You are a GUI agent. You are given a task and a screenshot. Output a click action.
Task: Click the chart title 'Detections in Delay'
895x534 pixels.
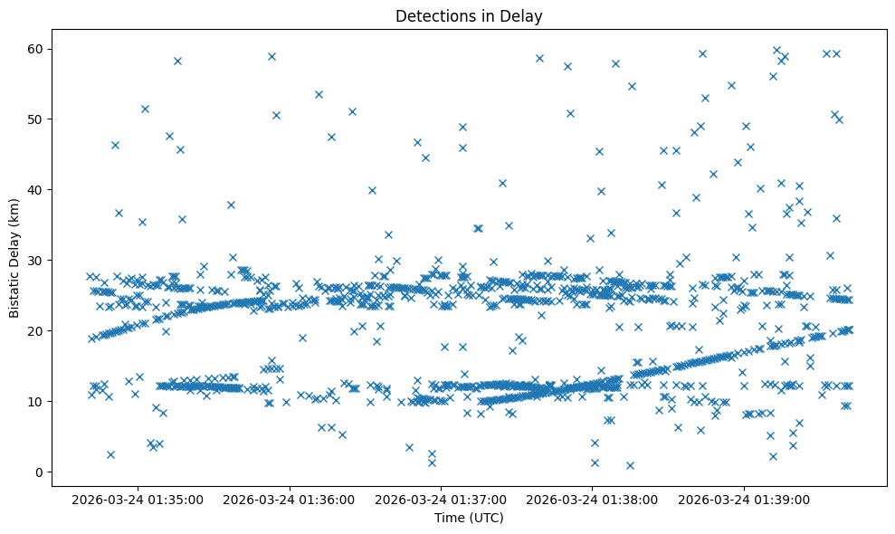[469, 15]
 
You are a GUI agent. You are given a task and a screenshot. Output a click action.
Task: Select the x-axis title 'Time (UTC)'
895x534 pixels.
[469, 518]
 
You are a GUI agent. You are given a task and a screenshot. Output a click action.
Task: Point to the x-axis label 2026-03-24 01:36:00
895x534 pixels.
[290, 499]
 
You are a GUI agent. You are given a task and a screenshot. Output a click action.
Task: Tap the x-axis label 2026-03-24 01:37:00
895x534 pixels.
[442, 499]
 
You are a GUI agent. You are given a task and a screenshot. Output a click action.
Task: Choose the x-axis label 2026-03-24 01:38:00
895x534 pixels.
[593, 499]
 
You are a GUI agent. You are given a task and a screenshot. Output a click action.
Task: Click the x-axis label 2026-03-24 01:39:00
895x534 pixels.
[745, 499]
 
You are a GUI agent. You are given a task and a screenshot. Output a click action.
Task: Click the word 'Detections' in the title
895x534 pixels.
[432, 15]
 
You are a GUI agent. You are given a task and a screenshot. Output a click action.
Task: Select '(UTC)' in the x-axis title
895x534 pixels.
[486, 518]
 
